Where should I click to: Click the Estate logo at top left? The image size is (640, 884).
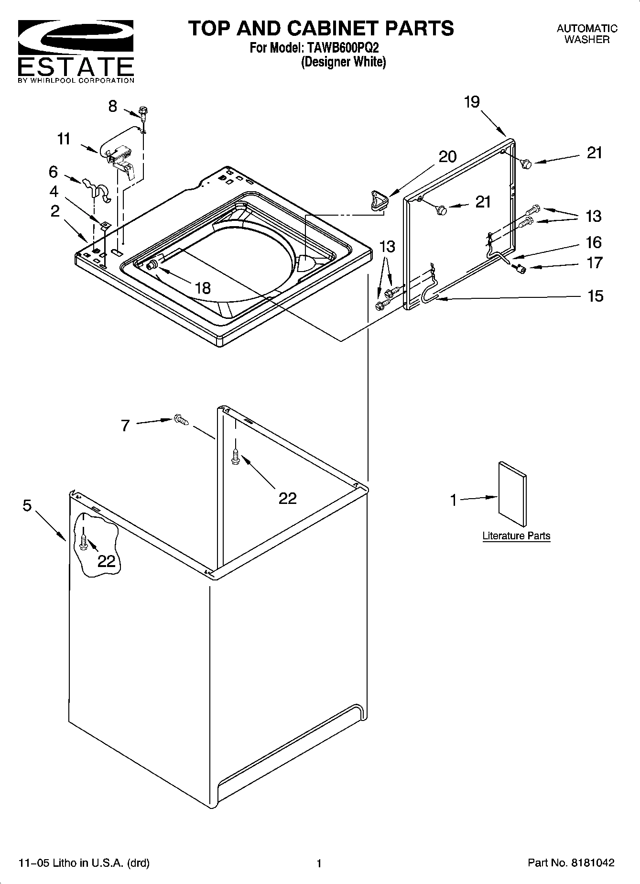[x=76, y=51]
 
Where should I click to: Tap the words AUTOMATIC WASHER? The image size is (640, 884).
[x=586, y=34]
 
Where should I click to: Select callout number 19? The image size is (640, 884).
[x=471, y=102]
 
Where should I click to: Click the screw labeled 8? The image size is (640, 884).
[x=142, y=112]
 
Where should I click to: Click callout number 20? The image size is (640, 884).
[x=447, y=157]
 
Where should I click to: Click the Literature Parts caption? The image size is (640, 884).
[x=516, y=536]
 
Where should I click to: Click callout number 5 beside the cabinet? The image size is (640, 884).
[x=27, y=505]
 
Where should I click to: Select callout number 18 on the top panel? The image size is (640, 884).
[x=203, y=288]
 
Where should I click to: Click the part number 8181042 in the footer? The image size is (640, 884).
[x=591, y=863]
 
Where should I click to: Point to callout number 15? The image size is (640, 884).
[x=595, y=296]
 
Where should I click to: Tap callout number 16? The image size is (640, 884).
[x=594, y=242]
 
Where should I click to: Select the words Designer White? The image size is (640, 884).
[x=343, y=62]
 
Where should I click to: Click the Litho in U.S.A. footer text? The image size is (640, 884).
[x=84, y=863]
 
